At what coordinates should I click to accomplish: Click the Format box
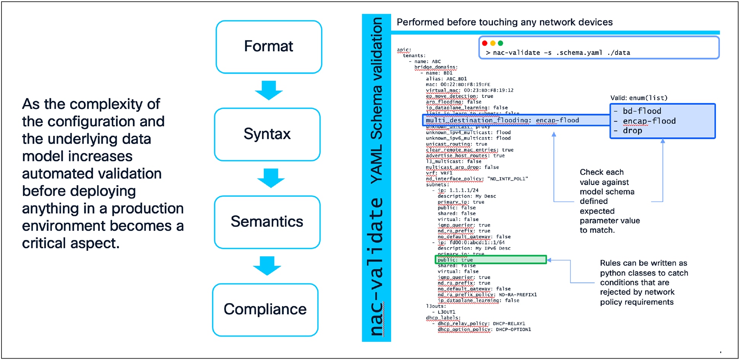coord(269,47)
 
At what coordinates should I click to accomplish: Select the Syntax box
coord(267,134)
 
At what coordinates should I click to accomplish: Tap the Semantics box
coord(267,222)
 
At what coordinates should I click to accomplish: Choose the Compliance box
coord(265,310)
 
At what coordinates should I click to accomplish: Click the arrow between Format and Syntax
coord(269,90)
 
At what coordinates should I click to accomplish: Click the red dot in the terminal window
coord(485,43)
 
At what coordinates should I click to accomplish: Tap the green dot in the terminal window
coord(501,43)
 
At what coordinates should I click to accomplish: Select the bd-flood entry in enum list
coord(642,111)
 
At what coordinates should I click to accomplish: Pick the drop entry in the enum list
coord(632,131)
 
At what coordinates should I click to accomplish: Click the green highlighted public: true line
coord(491,260)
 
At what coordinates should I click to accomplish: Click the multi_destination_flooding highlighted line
coord(502,120)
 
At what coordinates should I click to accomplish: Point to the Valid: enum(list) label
coord(639,98)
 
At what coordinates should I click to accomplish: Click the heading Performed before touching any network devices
coord(504,22)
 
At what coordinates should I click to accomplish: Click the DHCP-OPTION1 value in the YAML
coord(513,329)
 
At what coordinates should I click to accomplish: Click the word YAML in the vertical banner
coord(377,164)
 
